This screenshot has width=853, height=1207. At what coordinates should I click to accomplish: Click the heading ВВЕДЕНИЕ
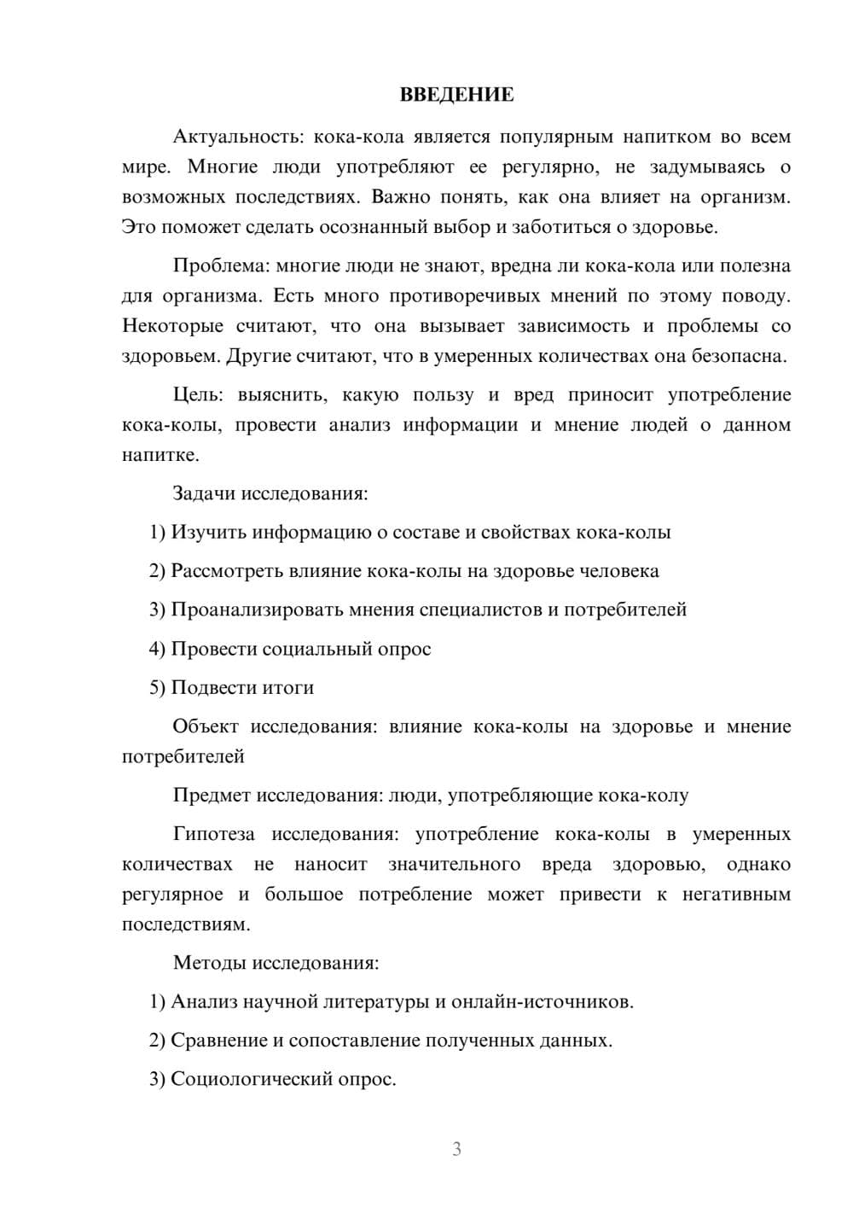point(456,95)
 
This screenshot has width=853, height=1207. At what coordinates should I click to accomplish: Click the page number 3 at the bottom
point(456,1149)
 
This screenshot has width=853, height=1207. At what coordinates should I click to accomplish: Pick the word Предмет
point(212,796)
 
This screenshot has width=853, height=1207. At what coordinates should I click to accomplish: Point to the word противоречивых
point(465,296)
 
